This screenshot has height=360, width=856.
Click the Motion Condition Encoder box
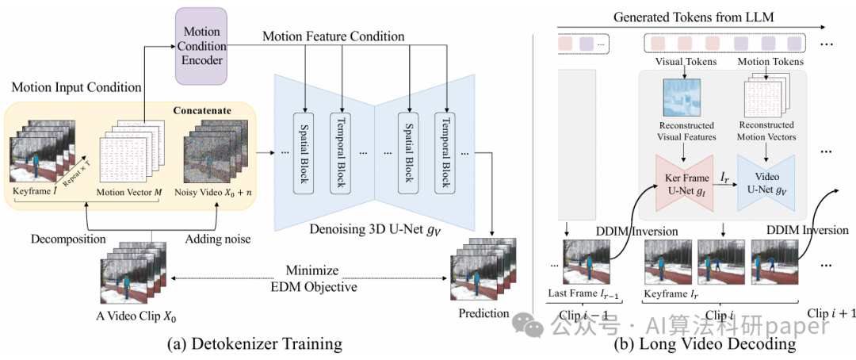[201, 46]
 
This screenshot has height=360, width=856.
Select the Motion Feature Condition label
[334, 36]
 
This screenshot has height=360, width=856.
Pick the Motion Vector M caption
[128, 193]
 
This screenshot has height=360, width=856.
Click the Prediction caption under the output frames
[483, 313]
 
